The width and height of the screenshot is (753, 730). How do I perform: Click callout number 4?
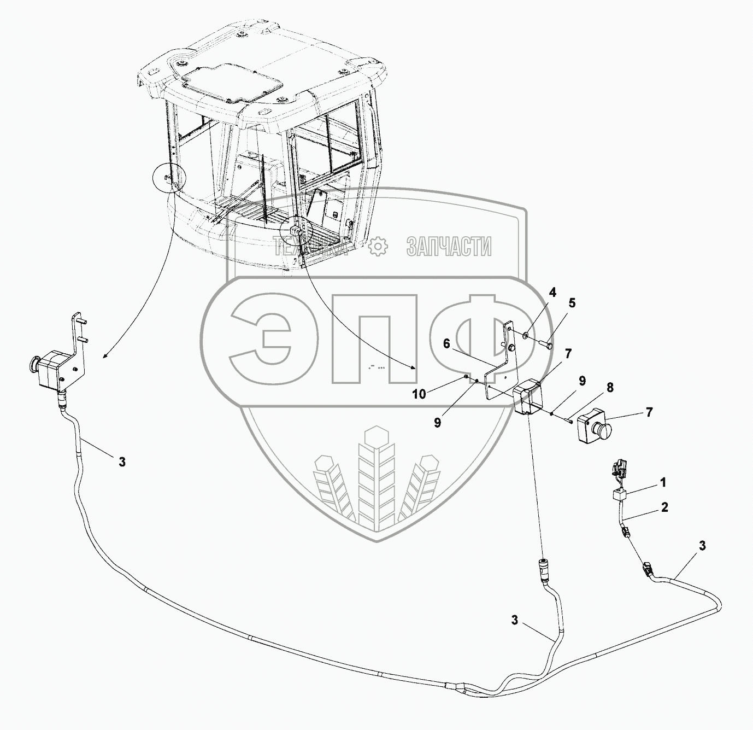(552, 293)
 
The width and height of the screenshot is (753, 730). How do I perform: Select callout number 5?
(572, 302)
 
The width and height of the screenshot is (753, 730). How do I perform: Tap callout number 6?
(446, 343)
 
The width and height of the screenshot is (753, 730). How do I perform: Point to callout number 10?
(419, 394)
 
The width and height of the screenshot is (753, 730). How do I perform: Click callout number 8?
(609, 388)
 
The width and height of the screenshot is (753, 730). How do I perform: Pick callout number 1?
(663, 483)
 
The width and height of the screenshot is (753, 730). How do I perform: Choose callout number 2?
(664, 507)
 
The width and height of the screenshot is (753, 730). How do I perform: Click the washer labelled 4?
(525, 334)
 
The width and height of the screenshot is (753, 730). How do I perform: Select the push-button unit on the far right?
(593, 425)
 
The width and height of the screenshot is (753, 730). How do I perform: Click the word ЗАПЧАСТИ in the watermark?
(449, 247)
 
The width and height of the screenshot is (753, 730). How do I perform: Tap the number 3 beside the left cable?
(122, 462)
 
